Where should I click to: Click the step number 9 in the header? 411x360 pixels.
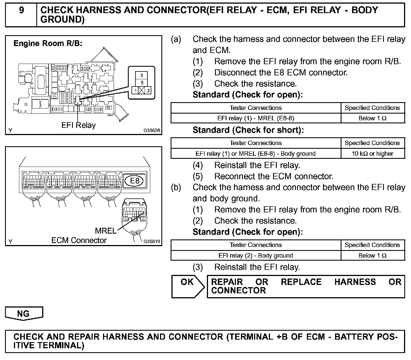click(21, 11)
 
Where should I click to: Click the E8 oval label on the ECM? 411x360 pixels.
click(135, 181)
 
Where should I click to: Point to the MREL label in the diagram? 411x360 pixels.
click(106, 231)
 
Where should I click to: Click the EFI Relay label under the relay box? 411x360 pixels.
click(78, 125)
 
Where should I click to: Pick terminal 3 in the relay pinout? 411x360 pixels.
click(142, 75)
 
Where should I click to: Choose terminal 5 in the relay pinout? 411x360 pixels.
click(142, 83)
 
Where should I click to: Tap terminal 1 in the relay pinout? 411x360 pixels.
click(135, 90)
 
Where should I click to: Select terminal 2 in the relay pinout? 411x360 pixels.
click(148, 90)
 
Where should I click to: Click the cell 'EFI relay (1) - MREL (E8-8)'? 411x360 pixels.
click(255, 118)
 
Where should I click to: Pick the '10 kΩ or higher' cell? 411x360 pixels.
click(372, 153)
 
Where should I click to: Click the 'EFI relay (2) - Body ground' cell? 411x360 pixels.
click(255, 255)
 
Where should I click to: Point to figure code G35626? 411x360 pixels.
click(152, 130)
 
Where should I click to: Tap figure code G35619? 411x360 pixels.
click(152, 241)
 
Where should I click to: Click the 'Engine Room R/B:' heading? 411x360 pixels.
click(48, 44)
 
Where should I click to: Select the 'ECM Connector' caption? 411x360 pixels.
click(79, 240)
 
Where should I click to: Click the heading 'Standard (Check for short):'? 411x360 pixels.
click(248, 130)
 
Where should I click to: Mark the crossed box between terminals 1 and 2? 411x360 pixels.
click(142, 90)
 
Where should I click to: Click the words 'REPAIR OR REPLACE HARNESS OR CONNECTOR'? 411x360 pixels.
click(306, 286)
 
